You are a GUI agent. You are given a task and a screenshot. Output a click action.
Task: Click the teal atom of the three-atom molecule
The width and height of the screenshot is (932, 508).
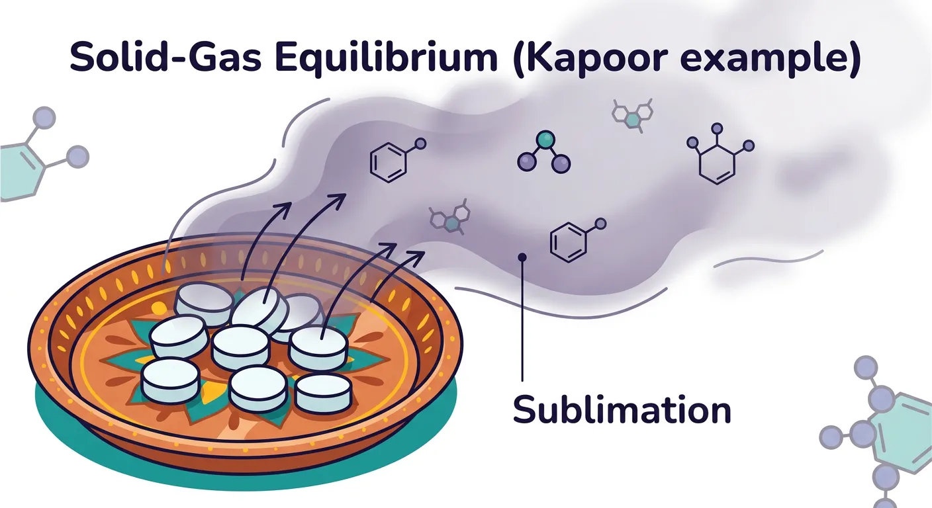[x=545, y=139]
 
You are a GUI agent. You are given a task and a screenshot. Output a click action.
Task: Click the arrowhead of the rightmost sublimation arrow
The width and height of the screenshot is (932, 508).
[x=418, y=255]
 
